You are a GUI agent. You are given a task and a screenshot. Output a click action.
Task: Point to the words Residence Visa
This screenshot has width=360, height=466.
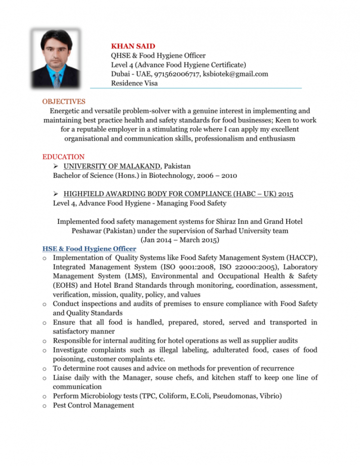point(134,83)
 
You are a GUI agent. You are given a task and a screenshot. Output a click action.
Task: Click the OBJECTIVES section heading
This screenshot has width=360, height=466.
point(64,102)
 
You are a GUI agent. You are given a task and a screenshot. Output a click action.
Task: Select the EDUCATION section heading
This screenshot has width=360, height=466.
point(63,157)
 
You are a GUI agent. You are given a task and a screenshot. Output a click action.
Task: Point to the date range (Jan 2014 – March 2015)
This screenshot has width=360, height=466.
point(179,240)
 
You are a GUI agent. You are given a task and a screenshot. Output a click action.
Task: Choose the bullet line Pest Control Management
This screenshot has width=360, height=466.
point(94,405)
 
